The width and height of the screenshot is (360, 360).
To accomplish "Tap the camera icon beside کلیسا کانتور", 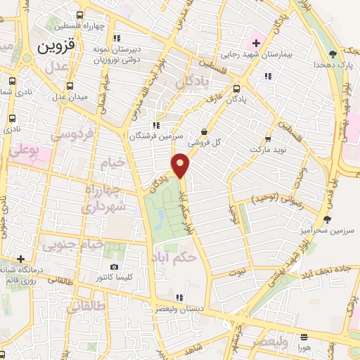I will click(x=115, y=267).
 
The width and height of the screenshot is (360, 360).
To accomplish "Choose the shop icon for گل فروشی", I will click(x=204, y=131).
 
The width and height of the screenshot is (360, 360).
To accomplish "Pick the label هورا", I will click(x=304, y=348).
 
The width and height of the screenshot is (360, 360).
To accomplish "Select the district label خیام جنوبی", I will click(x=73, y=245).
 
